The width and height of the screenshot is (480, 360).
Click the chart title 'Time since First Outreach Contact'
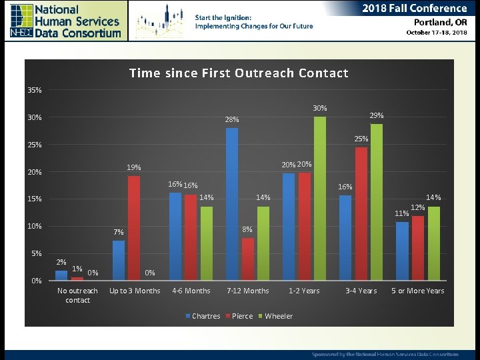239,73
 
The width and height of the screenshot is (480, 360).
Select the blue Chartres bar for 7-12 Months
231,204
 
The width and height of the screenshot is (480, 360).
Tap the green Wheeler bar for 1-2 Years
320,199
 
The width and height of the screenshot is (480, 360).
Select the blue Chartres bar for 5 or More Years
402,251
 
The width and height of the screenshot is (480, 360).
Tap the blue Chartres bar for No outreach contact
61,275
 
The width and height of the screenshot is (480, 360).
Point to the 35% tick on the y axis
35,90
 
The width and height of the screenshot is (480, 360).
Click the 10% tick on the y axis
35,226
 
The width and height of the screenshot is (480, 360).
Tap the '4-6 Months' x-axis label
191,291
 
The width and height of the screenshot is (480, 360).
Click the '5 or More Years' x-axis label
418,291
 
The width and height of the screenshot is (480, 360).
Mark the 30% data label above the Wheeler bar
320,108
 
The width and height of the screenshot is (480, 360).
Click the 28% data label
232,120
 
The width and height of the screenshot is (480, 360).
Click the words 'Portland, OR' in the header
437,21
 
